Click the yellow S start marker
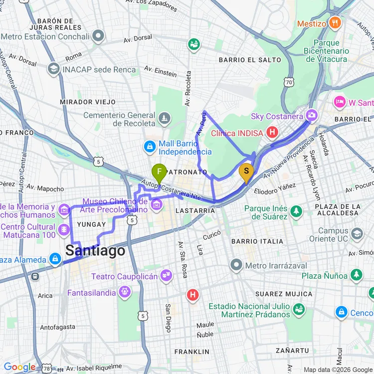point(246,172)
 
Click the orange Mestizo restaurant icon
point(335,22)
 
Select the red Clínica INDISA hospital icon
point(272,132)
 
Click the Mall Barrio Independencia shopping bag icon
point(149,147)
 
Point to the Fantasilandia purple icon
point(124,292)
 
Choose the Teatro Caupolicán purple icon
point(166,275)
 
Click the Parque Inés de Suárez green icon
point(296,211)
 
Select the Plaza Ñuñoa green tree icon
point(356,275)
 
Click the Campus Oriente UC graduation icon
point(357,233)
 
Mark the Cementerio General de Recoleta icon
point(164,119)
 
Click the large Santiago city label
point(95,250)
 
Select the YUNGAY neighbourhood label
point(92,224)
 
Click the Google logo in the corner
point(19,367)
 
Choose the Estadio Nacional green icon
point(299,310)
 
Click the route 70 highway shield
point(288,81)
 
